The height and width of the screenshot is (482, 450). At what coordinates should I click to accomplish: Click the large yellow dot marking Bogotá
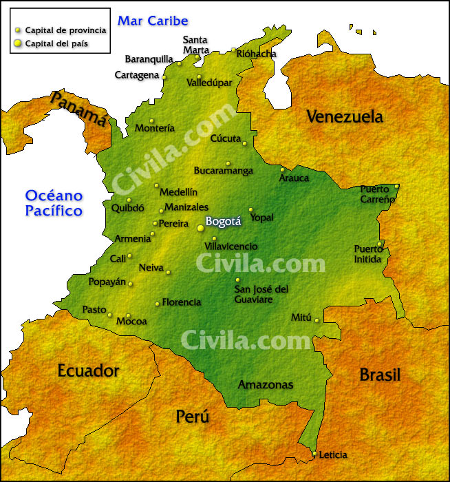[x=200, y=227]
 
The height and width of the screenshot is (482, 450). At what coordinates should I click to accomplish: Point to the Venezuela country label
[x=345, y=117]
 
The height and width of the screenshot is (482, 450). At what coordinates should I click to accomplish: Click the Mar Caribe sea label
[x=153, y=21]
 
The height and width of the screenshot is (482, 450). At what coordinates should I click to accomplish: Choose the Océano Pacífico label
[x=54, y=203]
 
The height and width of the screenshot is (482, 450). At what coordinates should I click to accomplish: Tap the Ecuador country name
[x=88, y=370]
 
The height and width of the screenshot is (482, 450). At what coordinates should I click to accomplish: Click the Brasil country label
[x=380, y=375]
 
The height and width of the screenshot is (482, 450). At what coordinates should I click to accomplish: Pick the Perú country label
[x=193, y=417]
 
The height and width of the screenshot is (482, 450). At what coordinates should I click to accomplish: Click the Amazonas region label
[x=266, y=385]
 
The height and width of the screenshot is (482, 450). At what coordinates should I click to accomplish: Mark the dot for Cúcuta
[x=244, y=143]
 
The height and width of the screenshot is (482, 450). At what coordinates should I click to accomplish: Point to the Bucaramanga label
[x=224, y=171]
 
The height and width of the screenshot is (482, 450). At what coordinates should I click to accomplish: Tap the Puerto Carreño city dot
[x=396, y=186]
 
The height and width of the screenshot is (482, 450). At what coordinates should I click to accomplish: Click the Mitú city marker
[x=317, y=320]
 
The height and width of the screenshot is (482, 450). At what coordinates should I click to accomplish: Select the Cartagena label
[x=137, y=75]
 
